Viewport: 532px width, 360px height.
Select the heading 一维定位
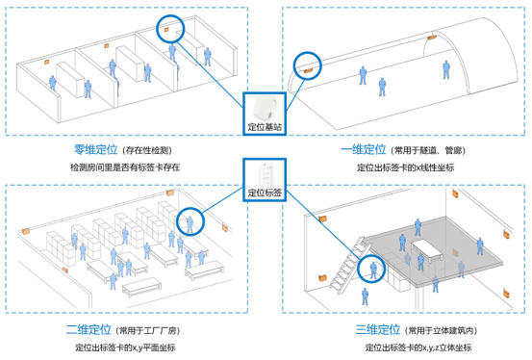tap(362, 150)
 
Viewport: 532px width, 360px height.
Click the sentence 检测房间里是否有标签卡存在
tap(125, 167)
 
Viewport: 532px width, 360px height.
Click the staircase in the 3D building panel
tap(342, 265)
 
